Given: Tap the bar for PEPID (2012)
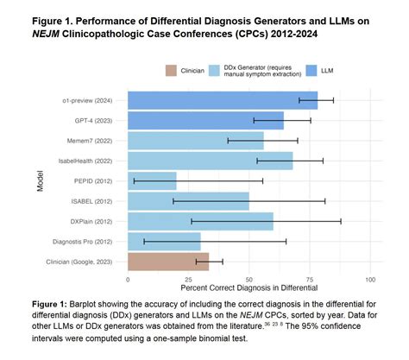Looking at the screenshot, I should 152,180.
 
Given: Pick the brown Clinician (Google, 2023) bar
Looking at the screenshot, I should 156,262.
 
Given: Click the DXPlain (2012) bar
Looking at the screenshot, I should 200,221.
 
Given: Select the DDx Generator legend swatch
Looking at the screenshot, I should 227,69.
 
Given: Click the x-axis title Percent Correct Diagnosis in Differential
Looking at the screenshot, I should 249,287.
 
